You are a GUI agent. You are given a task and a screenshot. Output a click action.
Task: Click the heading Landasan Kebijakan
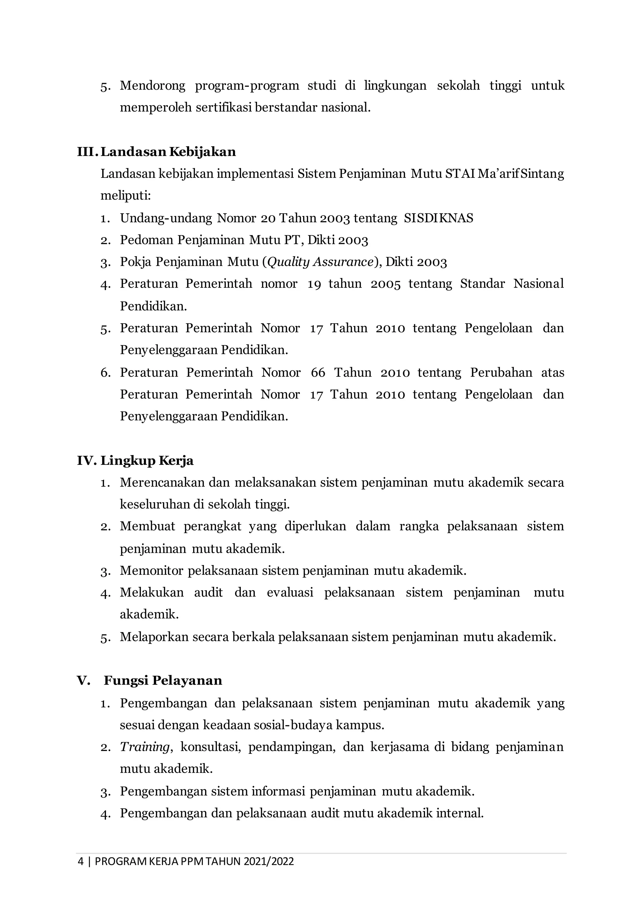(168, 152)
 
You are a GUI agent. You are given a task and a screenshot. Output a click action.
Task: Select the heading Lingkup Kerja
(147, 461)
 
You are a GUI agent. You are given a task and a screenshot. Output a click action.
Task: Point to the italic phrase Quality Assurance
(320, 262)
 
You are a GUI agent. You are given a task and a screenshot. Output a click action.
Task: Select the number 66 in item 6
(318, 372)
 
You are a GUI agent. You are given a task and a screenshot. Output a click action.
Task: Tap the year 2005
(386, 284)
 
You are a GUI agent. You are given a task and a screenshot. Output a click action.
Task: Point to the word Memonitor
(152, 570)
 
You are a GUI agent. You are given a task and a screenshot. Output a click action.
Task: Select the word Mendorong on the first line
(153, 86)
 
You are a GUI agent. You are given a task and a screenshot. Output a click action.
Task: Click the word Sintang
(542, 174)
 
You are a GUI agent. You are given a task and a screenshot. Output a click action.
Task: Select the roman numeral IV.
(86, 461)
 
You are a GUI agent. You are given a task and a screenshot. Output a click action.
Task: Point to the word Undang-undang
(166, 218)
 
